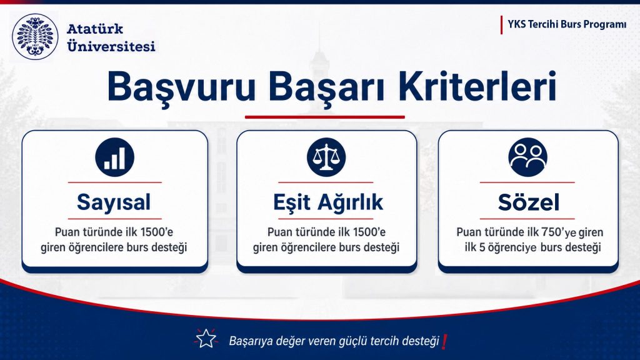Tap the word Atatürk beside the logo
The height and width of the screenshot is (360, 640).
[x=95, y=29]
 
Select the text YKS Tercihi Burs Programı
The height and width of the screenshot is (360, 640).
[x=567, y=24]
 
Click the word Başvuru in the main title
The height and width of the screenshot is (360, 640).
[x=181, y=87]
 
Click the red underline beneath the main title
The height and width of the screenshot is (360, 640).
[x=325, y=117]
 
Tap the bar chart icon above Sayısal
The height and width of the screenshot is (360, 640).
[x=115, y=157]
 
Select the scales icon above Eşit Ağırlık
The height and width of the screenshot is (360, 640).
[x=326, y=157]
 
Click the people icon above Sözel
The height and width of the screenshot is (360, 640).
[x=527, y=157]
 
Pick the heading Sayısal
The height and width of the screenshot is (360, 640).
[x=114, y=202]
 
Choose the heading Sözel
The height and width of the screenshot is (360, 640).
[x=529, y=202]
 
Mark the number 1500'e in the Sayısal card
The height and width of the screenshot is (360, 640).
[x=157, y=232]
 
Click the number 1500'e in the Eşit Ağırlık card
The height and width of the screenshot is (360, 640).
[x=369, y=232]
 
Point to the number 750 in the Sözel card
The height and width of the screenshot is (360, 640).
[x=552, y=232]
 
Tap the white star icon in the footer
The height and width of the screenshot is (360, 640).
[x=206, y=339]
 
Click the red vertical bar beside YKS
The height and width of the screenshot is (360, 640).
[x=501, y=25]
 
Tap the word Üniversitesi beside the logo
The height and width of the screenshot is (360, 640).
[x=111, y=45]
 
